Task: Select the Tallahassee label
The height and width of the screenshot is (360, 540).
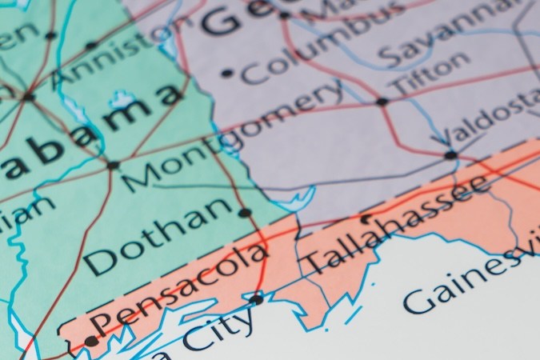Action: (396, 225)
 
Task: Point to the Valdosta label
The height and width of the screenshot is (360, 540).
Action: (491, 119)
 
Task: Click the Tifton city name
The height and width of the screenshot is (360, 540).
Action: (430, 71)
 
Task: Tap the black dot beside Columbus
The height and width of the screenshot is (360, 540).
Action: (226, 73)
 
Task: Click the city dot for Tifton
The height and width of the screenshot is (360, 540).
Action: (382, 102)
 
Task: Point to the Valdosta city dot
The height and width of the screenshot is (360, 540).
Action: (450, 154)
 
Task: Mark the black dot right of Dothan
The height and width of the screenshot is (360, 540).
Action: (245, 213)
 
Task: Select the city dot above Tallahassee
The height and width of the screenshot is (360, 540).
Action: (366, 217)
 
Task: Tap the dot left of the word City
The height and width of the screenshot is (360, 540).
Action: (256, 299)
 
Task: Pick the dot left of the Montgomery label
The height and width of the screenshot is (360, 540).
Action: (113, 166)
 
